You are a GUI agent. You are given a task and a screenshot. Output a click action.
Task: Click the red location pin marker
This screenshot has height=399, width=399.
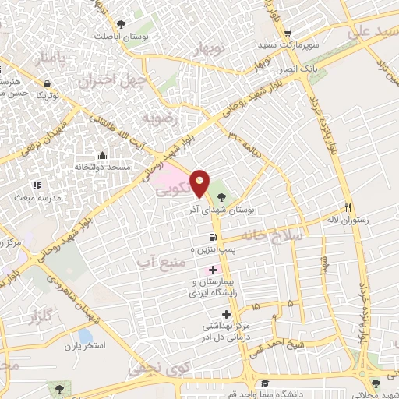[x=200, y=182]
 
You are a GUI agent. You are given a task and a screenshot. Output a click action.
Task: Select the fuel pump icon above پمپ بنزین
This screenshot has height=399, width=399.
[x=212, y=238]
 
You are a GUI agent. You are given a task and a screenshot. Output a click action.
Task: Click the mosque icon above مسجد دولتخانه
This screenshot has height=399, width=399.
[x=102, y=154]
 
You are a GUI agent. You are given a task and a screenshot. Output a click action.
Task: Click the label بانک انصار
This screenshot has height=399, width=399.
[x=299, y=68]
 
